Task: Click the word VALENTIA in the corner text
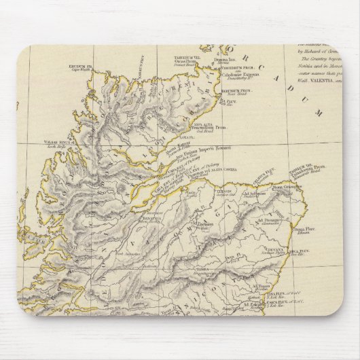tap(314, 79)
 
